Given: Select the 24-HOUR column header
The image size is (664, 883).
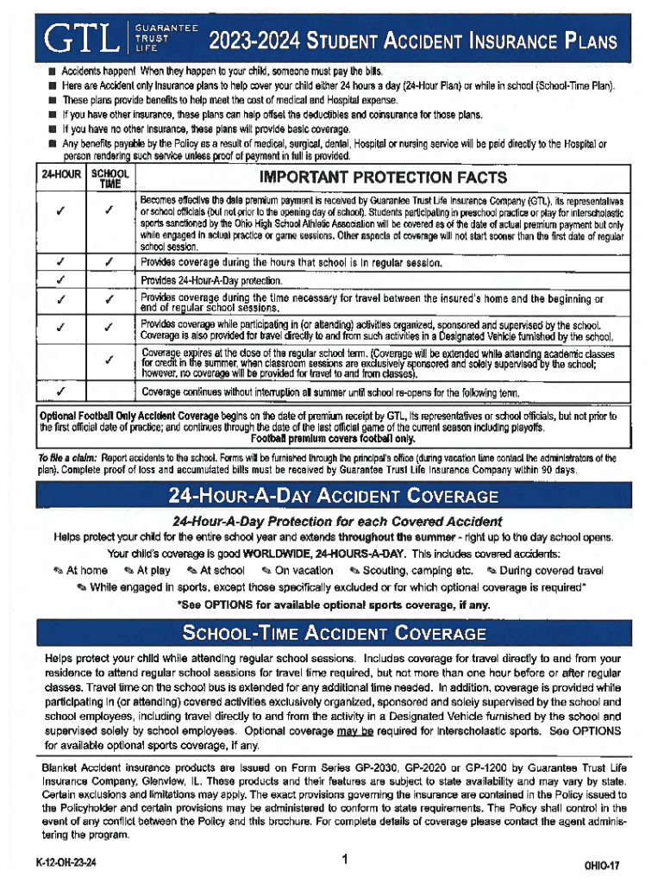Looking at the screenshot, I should click(x=60, y=174).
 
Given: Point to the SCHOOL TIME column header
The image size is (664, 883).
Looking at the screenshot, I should click(x=109, y=178).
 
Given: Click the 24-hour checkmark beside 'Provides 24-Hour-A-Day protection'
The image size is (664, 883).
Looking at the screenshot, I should click(x=60, y=280).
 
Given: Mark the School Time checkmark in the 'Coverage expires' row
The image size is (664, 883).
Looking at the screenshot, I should click(x=109, y=362).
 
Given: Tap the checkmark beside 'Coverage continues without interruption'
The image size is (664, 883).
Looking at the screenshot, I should click(x=60, y=392).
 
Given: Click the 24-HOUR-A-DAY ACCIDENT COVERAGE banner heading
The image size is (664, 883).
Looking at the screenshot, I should click(x=332, y=497).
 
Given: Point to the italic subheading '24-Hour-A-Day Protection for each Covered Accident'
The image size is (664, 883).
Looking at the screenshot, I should click(x=337, y=522).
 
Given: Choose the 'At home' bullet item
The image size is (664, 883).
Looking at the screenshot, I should click(x=80, y=570).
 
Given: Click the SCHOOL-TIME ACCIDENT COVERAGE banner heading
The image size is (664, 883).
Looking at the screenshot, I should click(x=332, y=636).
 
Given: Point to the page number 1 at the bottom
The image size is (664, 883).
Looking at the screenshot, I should click(x=342, y=859).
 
